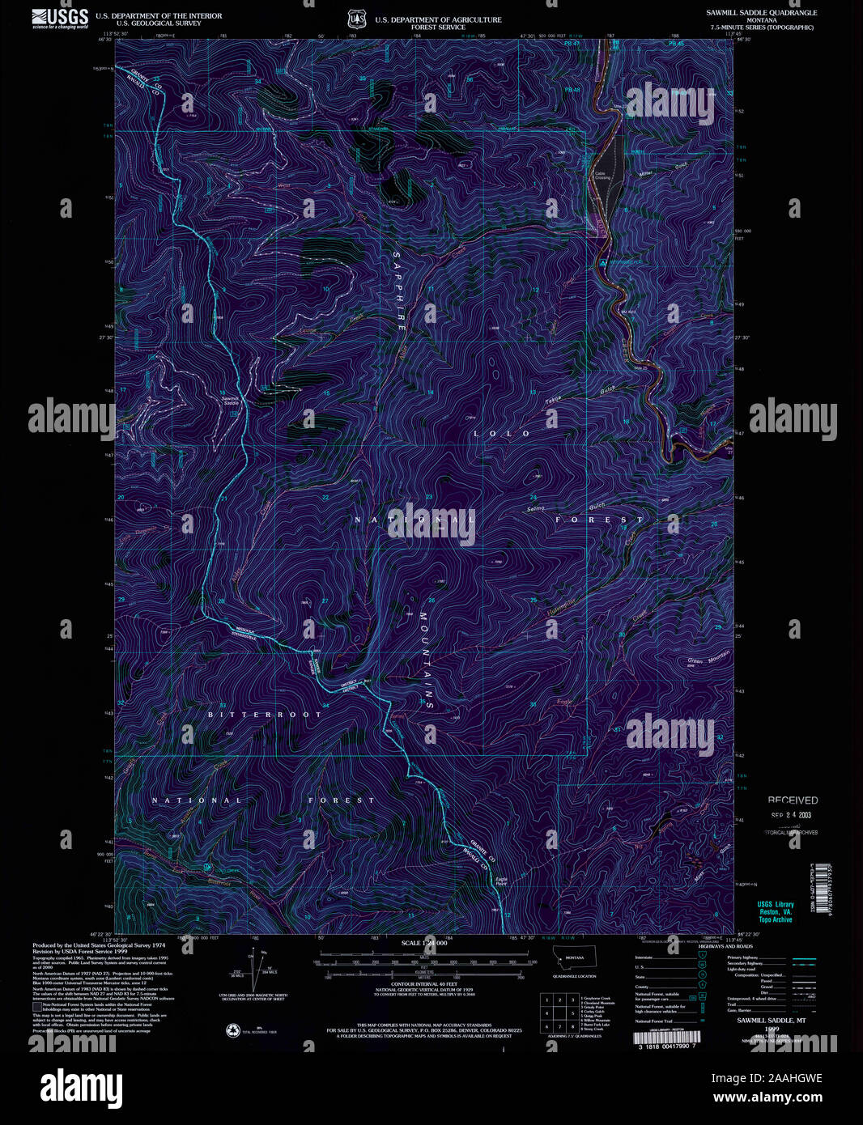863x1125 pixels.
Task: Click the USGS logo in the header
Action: [x=60, y=19]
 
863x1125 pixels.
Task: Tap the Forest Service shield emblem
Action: [x=356, y=19]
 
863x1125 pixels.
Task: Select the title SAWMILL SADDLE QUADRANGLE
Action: [x=761, y=13]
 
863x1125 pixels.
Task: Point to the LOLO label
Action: [x=502, y=434]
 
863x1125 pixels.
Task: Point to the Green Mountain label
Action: [x=708, y=658]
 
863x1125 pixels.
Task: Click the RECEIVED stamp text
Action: [x=793, y=800]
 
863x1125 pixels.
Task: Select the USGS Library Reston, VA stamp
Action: [x=775, y=911]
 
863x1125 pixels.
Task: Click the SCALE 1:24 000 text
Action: [x=424, y=943]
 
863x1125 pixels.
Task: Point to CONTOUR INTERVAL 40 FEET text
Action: [x=423, y=983]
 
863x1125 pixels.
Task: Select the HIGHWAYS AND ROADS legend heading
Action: [x=725, y=946]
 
